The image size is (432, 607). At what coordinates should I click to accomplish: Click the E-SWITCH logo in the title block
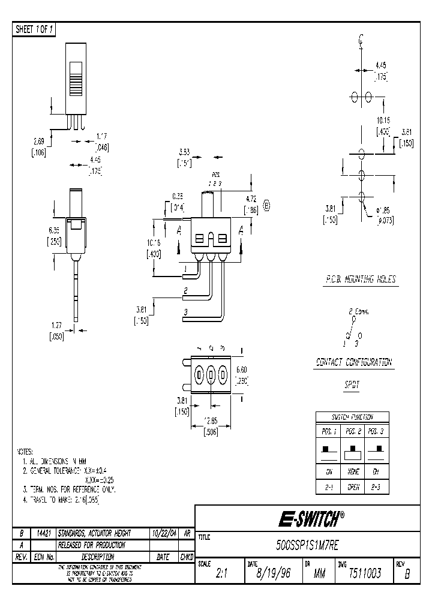tap(308, 518)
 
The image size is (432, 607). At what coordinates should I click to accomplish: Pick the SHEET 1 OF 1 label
tap(34, 30)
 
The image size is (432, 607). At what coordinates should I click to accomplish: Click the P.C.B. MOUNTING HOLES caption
tap(358, 280)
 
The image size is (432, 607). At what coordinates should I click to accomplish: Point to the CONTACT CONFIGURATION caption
tap(354, 362)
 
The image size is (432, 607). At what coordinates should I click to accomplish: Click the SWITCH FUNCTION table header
tap(352, 417)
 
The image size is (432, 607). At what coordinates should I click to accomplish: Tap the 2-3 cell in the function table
tap(377, 488)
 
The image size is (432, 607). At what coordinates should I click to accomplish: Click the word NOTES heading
tap(25, 452)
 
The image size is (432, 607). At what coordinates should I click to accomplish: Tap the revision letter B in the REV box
tap(407, 575)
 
